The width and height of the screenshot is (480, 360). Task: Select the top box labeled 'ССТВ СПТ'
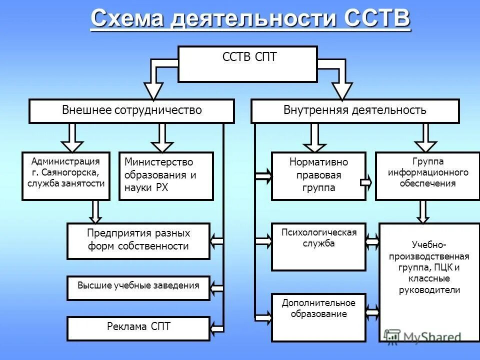[x=248, y=64]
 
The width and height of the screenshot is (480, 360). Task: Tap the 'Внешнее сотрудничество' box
[x=131, y=111]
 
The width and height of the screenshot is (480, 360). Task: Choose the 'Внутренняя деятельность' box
[x=354, y=111]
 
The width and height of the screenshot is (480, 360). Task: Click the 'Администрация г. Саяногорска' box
[x=65, y=176]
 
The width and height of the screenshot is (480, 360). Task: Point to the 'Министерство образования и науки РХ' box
[x=166, y=176]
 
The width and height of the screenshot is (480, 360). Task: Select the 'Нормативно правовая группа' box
[x=318, y=176]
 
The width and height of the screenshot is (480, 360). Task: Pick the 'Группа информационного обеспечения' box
[x=427, y=176]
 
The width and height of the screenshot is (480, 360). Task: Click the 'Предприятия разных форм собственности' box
[x=138, y=241]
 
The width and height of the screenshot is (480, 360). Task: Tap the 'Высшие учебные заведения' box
[x=138, y=288]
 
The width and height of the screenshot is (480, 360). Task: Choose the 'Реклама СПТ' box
[x=138, y=328]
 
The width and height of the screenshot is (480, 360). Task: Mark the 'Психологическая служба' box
[x=318, y=246]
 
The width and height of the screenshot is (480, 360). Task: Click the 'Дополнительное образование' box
[x=318, y=317]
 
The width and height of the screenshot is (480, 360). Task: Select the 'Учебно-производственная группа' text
[x=429, y=267]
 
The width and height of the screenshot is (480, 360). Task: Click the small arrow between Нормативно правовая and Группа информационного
[x=366, y=182]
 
